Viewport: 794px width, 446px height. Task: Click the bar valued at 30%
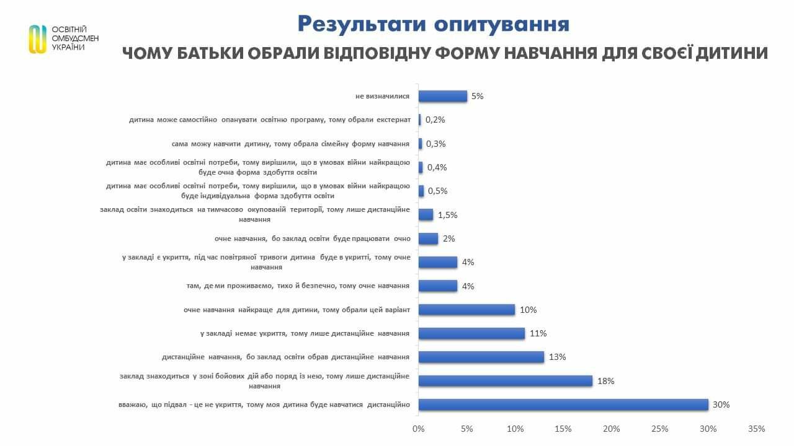(x=563, y=404)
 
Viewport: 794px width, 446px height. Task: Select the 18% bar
(x=506, y=381)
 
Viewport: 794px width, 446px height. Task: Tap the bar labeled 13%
(x=481, y=357)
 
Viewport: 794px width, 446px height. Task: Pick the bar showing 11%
(x=471, y=333)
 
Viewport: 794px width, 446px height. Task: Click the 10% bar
(x=466, y=310)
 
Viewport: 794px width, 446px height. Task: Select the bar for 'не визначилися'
(x=442, y=96)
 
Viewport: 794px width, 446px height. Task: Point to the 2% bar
(x=428, y=238)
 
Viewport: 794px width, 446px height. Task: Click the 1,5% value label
(x=448, y=215)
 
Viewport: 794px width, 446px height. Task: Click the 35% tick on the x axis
(x=757, y=429)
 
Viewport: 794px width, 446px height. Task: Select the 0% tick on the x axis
(x=419, y=429)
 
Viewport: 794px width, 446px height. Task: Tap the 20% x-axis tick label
(x=612, y=429)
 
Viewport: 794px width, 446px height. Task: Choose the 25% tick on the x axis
(x=660, y=429)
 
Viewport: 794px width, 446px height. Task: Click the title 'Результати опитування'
(x=433, y=24)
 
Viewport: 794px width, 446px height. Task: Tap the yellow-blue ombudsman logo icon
(x=38, y=39)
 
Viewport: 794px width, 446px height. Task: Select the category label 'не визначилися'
(x=381, y=97)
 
